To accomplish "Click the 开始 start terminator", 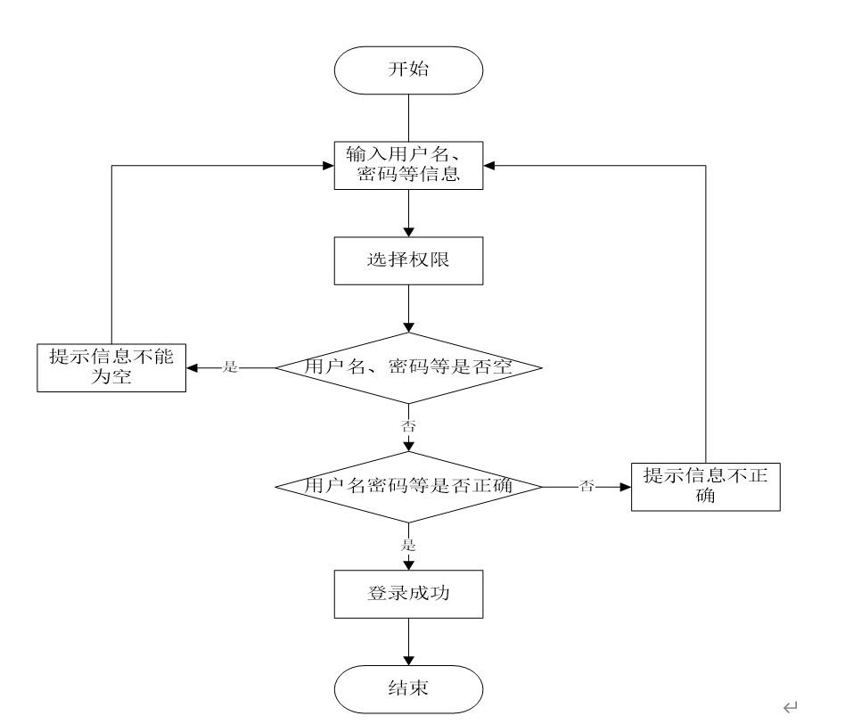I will tap(408, 70).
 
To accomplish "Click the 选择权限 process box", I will tap(408, 262).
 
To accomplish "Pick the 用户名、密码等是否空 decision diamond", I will tap(408, 367).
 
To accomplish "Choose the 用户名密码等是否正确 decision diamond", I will tap(408, 487).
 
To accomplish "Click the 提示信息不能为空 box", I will tap(111, 367).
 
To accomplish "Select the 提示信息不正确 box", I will tap(706, 487).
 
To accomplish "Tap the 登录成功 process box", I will tap(408, 593).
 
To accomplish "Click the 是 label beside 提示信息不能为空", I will tap(230, 367).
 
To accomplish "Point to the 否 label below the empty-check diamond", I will tap(409, 426).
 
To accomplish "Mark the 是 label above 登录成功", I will tap(409, 545).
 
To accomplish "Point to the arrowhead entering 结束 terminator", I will tap(408, 662).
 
